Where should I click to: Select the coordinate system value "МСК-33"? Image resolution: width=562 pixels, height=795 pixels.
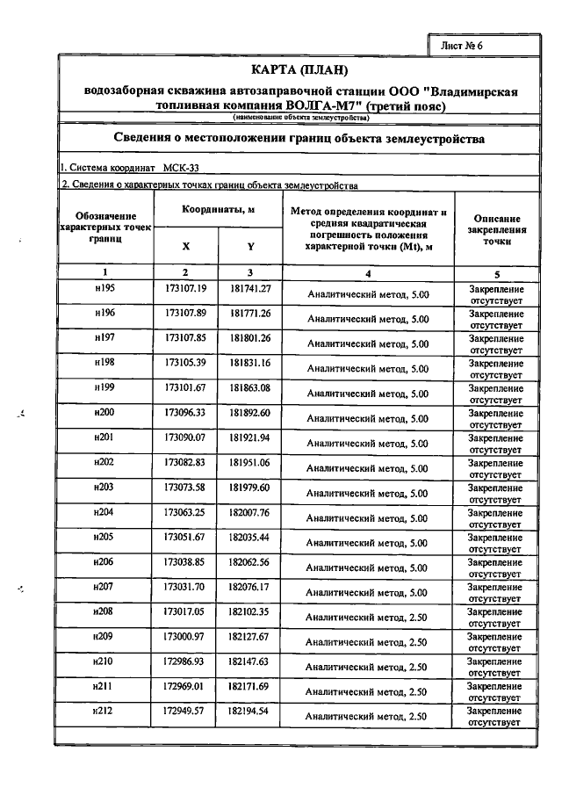coord(183,167)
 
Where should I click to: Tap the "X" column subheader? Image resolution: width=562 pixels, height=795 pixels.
coord(185,247)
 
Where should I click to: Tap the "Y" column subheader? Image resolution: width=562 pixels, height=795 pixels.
coord(250,247)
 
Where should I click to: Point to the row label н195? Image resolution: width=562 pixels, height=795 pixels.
coord(105,288)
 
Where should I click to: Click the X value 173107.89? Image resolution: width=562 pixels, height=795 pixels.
coord(185,313)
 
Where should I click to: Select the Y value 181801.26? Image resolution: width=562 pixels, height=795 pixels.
coord(250,337)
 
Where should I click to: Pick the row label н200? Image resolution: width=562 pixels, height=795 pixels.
coord(105,412)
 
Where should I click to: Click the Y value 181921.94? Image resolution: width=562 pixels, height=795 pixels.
coord(250,437)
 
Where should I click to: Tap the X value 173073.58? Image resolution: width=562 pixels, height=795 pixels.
coord(185,486)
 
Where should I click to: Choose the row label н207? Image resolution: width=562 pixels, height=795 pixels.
coord(105,585)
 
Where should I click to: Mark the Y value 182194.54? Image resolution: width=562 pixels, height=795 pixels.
coord(250,708)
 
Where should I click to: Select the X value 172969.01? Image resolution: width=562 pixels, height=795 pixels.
coord(185,683)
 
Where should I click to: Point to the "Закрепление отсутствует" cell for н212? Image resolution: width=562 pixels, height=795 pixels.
coord(496,717)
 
